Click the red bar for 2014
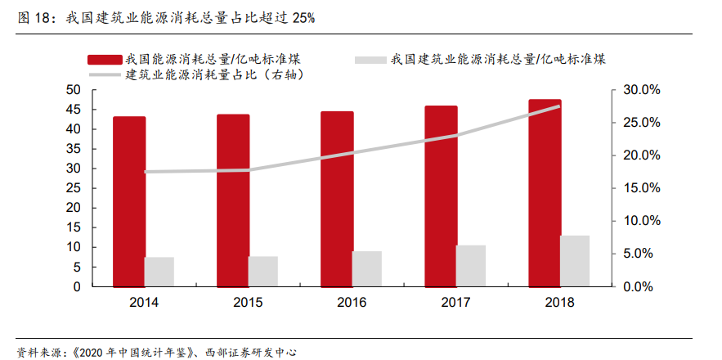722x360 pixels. [129, 201]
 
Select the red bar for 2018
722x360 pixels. [545, 192]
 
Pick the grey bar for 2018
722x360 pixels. [575, 261]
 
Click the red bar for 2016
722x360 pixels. [337, 199]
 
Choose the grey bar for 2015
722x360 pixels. [263, 271]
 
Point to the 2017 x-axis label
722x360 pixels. [455, 303]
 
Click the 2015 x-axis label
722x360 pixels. [248, 303]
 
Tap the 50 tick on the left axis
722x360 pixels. [73, 90]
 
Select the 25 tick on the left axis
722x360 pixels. [73, 188]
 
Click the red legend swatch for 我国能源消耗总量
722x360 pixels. [105, 59]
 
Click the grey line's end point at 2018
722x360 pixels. [560, 106]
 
